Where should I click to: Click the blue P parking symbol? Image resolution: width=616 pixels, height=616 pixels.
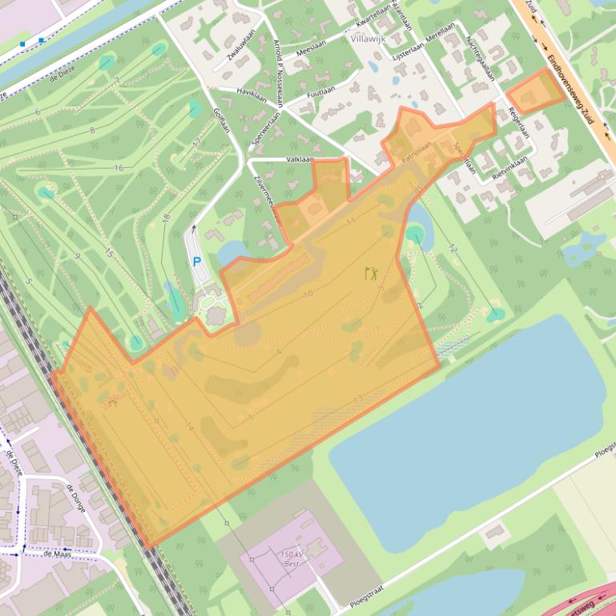click(197, 262)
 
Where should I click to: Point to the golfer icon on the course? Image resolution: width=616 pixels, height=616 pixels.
click(371, 273)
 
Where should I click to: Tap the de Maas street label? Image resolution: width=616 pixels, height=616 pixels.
click(58, 553)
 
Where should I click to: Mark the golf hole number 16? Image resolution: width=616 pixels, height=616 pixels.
click(119, 168)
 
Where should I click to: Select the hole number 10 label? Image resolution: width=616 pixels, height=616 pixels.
click(308, 294)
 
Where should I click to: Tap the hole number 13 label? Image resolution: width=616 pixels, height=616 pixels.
click(358, 398)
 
